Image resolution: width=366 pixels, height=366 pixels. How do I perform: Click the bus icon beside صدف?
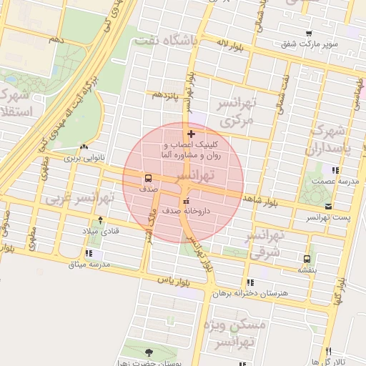coord(148,178)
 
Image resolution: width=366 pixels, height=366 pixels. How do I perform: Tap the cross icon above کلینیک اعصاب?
coord(190,134)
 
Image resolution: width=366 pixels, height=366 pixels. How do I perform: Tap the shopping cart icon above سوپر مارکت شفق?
coord(308,34)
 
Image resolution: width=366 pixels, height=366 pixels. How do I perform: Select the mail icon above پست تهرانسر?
coord(328,207)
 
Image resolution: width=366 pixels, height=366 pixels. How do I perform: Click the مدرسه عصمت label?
coord(335,182)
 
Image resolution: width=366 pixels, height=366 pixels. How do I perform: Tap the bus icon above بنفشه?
coord(307,259)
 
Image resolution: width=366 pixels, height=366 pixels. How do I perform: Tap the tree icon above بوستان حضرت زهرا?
coord(148,352)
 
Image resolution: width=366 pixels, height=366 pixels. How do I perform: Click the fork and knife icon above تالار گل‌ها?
coord(328,351)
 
